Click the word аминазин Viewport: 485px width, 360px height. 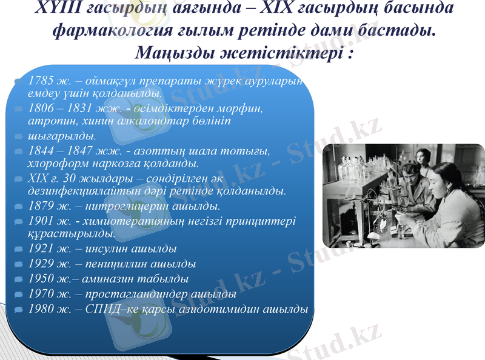[x=101, y=279]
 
